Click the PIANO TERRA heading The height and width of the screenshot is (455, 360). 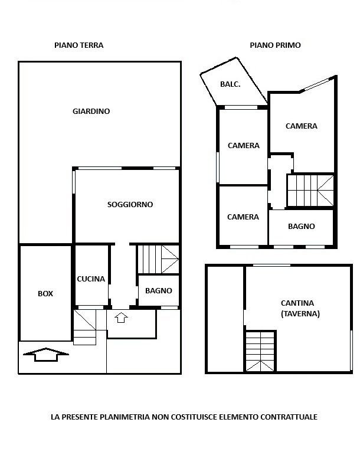(79, 45)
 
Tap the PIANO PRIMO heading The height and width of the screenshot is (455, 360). (275, 45)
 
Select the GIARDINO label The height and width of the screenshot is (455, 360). (91, 111)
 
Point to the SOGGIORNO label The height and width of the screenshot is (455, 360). (130, 205)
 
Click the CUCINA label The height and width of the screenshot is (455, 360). (91, 279)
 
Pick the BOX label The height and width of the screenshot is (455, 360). (45, 294)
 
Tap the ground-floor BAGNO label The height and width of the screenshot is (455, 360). (159, 290)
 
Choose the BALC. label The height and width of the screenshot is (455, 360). (230, 84)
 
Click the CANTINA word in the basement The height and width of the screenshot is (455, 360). (297, 303)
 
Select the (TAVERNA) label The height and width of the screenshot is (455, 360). (300, 314)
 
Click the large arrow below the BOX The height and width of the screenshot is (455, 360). (46, 354)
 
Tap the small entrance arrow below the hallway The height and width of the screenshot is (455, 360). (121, 317)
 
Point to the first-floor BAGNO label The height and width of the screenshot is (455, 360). (302, 227)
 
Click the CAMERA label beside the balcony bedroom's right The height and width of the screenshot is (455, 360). (302, 126)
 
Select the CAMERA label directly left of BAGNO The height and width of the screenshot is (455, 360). (243, 217)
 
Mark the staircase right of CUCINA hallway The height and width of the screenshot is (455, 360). (158, 260)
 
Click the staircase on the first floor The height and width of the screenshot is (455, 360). (310, 191)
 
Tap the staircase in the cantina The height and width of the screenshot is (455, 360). (260, 351)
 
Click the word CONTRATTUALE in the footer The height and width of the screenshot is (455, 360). (289, 417)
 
